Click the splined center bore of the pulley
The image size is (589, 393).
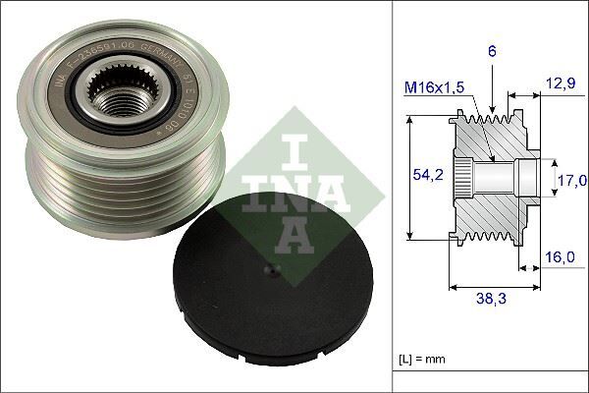tap(124, 93)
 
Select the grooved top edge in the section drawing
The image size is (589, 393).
tap(501, 111)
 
